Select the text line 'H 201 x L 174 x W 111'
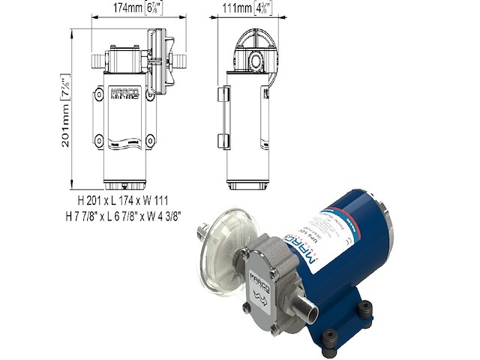point(128,202)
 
